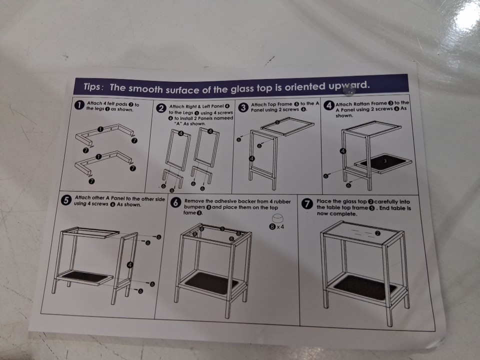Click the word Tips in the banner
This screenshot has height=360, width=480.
pos(91,86)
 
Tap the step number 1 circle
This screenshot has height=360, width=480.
pos(79,105)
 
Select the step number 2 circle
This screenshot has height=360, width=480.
pos(161,108)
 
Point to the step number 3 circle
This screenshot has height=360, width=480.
pos(243,107)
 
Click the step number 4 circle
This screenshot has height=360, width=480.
pos(328,105)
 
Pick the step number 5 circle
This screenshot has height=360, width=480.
pos(66,200)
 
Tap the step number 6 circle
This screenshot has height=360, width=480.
pos(175,203)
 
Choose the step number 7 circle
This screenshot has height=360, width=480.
pos(307,204)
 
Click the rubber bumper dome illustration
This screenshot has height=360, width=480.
pos(277,218)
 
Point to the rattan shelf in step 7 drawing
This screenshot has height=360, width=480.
pos(364,287)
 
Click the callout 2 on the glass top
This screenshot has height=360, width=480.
pos(378,233)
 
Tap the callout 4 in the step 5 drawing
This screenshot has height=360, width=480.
pos(130,265)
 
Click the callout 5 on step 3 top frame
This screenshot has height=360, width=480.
pos(277,122)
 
